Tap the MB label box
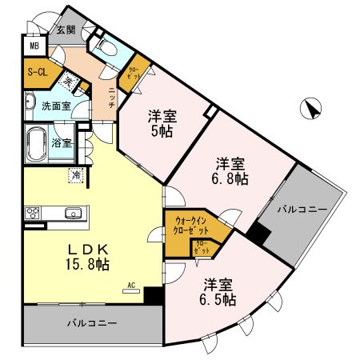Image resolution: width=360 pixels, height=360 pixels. click(x=34, y=46)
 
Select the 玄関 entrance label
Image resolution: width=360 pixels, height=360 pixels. click(x=66, y=29)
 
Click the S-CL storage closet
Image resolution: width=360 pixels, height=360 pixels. click(x=36, y=72)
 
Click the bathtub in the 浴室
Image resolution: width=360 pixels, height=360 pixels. click(x=37, y=144)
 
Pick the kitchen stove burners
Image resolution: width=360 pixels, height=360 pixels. click(x=34, y=214)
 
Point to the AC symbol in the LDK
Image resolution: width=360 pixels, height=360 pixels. click(x=131, y=286)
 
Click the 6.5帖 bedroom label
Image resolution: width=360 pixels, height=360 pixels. click(x=218, y=291)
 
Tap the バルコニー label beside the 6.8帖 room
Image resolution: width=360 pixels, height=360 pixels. click(x=302, y=210)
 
